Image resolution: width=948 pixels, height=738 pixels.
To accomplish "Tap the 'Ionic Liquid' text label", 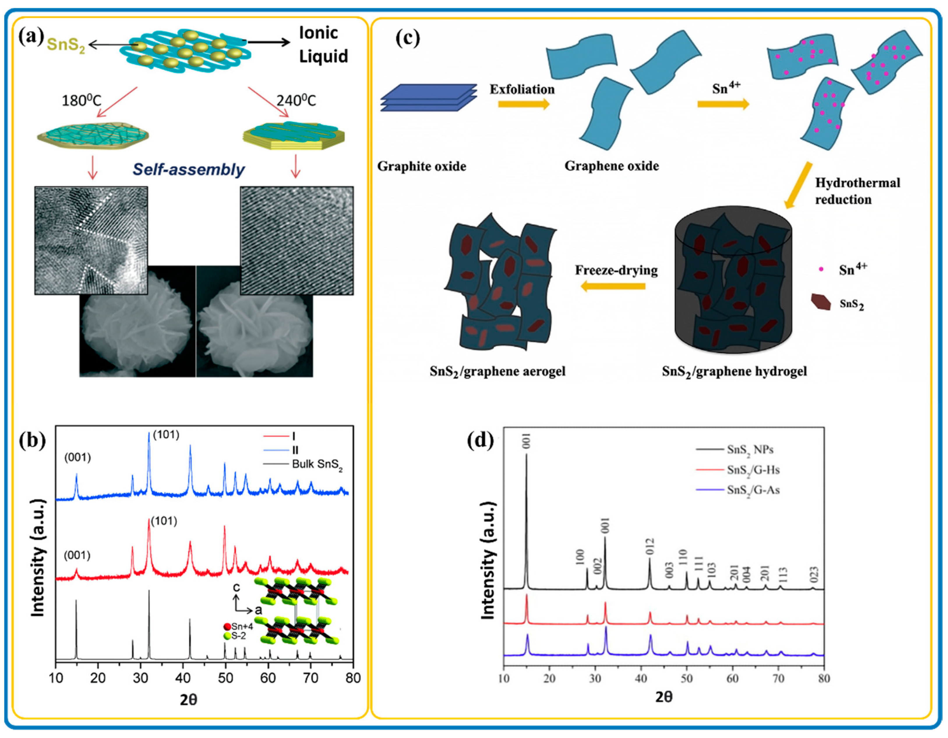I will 323,45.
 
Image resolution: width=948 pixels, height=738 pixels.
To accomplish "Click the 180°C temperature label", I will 81,101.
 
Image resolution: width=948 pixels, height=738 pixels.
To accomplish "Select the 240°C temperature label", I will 296,101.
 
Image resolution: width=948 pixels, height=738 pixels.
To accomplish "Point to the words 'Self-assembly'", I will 188,169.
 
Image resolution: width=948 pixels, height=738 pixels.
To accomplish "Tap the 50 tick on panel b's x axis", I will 225,678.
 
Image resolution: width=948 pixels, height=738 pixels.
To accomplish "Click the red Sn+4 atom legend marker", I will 227,627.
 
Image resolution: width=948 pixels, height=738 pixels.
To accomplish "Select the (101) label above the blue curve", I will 166,435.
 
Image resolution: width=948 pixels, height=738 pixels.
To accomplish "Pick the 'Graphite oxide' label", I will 421,166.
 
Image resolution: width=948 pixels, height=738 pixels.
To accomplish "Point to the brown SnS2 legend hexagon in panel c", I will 820,302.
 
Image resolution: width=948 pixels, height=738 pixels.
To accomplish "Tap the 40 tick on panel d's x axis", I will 641,678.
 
